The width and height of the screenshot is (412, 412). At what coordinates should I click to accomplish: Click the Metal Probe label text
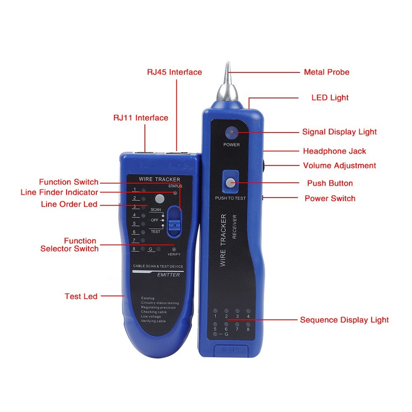click(x=326, y=72)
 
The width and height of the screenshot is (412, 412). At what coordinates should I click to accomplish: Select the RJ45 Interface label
click(x=174, y=72)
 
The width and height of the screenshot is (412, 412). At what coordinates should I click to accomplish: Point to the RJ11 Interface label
click(x=140, y=118)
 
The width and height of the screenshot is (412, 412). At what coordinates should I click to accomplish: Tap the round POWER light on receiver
click(x=232, y=133)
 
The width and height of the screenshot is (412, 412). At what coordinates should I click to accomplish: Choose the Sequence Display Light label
click(x=344, y=320)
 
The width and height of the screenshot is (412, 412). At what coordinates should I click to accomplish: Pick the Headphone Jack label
click(x=334, y=151)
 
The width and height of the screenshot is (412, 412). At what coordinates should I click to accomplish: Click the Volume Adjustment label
click(x=339, y=166)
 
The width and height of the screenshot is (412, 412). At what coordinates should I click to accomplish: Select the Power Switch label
click(x=330, y=198)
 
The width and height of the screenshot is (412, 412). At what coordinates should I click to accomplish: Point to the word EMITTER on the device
click(x=169, y=275)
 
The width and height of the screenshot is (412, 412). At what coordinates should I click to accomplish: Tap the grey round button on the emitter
click(x=159, y=199)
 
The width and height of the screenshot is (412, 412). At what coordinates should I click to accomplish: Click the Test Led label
click(x=81, y=296)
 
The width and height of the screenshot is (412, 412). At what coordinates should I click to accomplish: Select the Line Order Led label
click(x=69, y=204)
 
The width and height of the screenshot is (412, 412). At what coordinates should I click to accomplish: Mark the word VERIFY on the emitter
click(x=174, y=254)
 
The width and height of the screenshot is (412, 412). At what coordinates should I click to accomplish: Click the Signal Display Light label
click(x=339, y=132)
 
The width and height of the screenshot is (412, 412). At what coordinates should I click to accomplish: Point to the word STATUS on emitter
click(x=175, y=186)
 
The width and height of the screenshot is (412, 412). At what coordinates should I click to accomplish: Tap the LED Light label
click(x=330, y=98)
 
